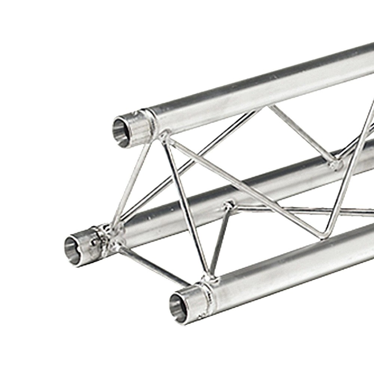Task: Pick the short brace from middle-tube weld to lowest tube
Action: tap(220, 239)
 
